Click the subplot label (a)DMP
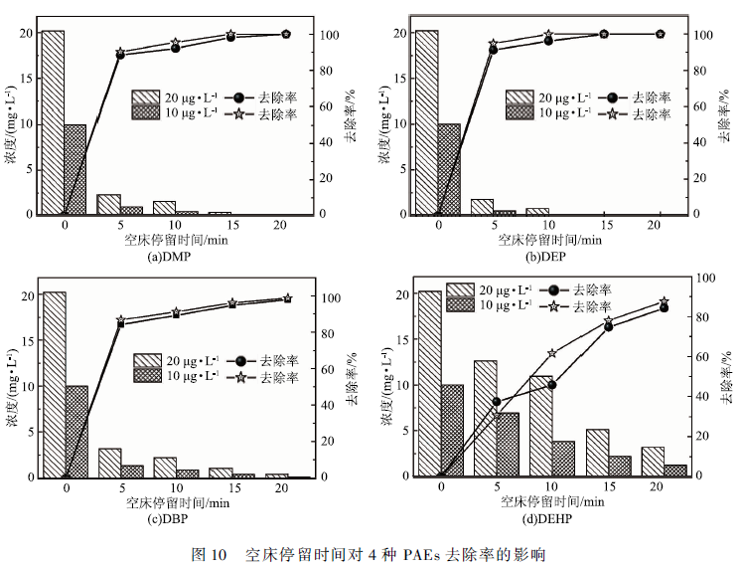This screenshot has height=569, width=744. (168, 258)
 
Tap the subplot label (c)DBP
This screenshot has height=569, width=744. (168, 518)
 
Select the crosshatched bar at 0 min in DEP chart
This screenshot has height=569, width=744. (448, 169)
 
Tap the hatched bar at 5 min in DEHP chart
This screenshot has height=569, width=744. (485, 418)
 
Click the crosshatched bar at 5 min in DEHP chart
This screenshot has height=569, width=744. (508, 444)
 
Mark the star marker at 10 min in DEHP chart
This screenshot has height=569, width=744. (551, 353)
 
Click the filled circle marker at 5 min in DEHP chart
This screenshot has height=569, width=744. (497, 402)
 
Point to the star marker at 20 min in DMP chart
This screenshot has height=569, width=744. (286, 34)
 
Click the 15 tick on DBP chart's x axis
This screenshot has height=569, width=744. (231, 488)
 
